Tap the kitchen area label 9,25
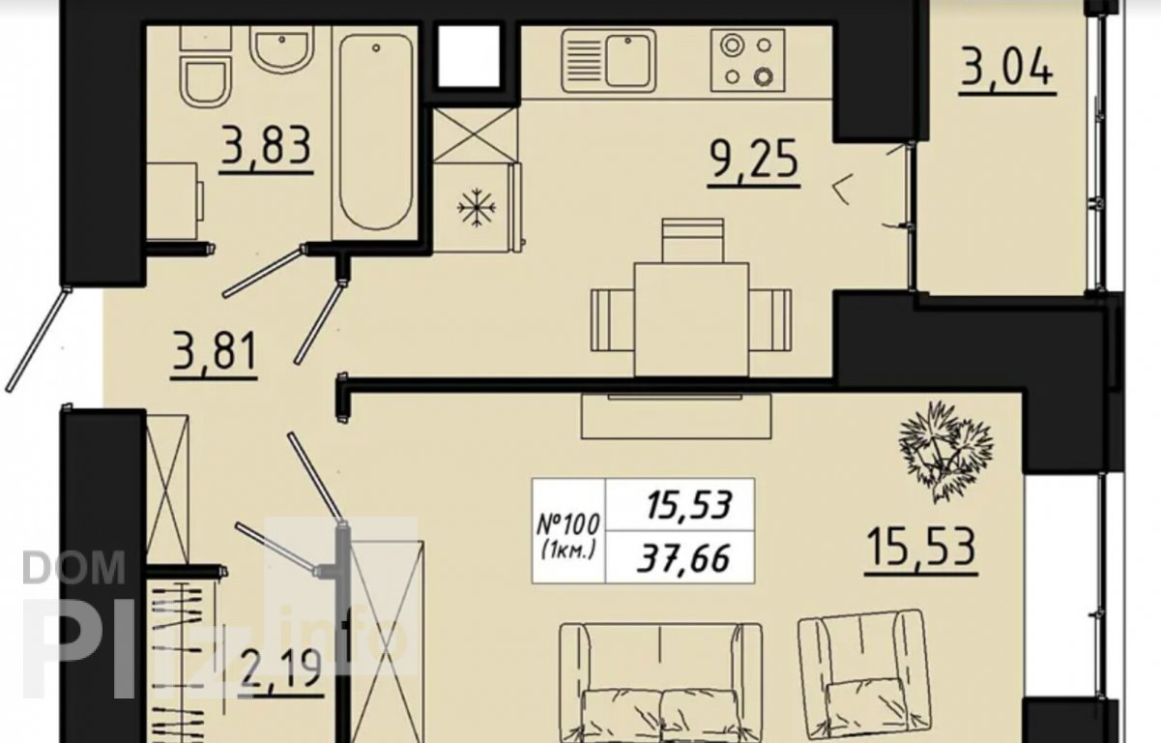(x=754, y=159)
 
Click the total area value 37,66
(x=683, y=558)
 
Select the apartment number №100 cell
(x=568, y=531)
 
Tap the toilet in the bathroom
(x=205, y=66)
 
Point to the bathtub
(x=376, y=133)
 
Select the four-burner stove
(x=747, y=61)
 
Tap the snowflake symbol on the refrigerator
(x=476, y=208)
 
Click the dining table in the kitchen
(x=691, y=319)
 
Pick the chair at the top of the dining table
(x=692, y=241)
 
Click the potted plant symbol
(x=945, y=452)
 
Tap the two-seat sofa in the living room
(x=661, y=683)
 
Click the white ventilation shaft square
(x=469, y=56)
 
